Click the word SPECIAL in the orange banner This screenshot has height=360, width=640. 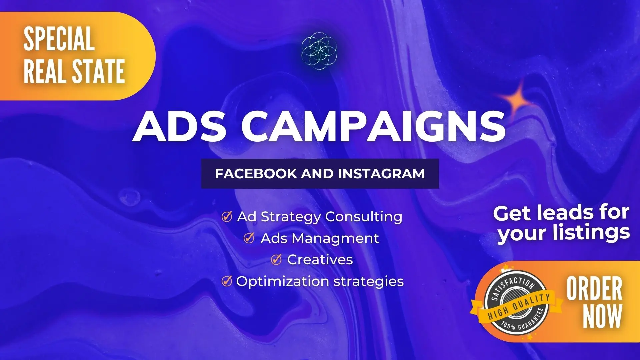tap(59, 39)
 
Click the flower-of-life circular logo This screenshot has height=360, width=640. tap(319, 51)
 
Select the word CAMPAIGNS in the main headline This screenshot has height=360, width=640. tap(373, 126)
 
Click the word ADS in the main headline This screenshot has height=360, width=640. tap(180, 126)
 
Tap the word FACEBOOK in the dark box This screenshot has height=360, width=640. tap(256, 174)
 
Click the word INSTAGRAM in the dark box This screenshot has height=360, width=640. tap(381, 174)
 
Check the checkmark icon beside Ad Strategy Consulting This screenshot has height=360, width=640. tap(227, 217)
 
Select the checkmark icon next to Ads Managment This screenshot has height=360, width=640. tap(249, 238)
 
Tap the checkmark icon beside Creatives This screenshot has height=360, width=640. tap(276, 260)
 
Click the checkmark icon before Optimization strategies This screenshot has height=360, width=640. tap(227, 281)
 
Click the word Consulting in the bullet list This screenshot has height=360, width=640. tap(364, 217)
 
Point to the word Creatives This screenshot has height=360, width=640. tap(320, 260)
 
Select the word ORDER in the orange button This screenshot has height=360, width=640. tap(594, 289)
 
